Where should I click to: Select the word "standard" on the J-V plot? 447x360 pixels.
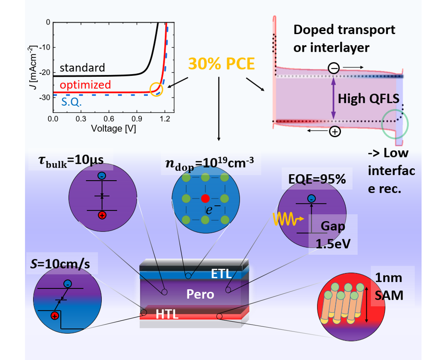pyautogui.click(x=82, y=68)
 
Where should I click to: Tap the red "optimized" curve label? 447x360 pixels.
pyautogui.click(x=85, y=84)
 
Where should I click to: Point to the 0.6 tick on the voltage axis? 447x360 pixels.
pyautogui.click(x=109, y=118)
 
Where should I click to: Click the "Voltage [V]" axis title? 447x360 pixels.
pyautogui.click(x=110, y=128)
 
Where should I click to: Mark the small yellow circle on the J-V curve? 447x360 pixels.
pyautogui.click(x=156, y=89)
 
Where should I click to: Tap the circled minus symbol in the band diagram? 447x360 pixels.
pyautogui.click(x=333, y=68)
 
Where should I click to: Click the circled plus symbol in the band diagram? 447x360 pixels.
pyautogui.click(x=334, y=131)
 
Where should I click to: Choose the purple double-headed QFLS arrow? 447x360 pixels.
pyautogui.click(x=333, y=98)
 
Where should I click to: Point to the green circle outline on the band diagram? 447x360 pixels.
pyautogui.click(x=395, y=124)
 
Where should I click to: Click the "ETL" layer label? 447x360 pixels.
pyautogui.click(x=221, y=273)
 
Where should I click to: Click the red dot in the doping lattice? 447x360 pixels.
pyautogui.click(x=205, y=199)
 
